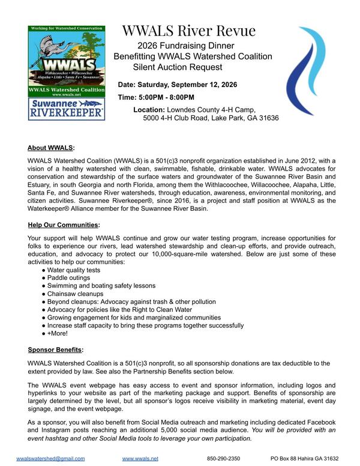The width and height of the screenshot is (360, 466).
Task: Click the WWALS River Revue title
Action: coord(189,31)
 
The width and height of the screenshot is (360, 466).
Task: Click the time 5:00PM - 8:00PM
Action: coord(156,97)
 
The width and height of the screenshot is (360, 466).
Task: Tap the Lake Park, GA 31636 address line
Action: coord(211,118)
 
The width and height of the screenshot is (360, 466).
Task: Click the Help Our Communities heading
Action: coord(64,225)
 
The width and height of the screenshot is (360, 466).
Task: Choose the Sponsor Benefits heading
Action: coord(56,349)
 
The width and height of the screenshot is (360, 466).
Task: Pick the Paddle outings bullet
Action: coord(73,278)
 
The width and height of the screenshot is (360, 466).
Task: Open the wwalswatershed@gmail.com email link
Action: coord(50,458)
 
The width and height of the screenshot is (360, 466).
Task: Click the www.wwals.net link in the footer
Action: coord(140,458)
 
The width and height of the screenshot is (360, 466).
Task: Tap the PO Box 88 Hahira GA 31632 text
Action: coord(308,458)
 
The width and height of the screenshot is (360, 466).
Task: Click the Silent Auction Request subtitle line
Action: coord(177,67)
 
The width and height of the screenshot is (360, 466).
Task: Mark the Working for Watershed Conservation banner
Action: coord(67,29)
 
